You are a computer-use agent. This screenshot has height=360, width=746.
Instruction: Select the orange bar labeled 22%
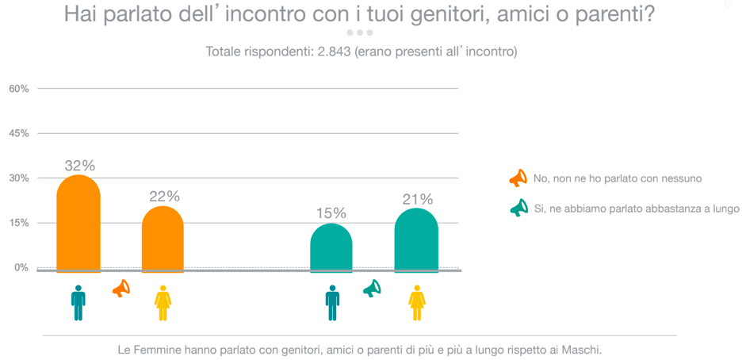163,239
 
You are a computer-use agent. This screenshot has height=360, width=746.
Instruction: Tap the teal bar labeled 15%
331,247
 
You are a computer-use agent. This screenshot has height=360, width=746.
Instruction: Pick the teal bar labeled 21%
416,239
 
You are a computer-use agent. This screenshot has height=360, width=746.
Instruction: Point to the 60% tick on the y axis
19,89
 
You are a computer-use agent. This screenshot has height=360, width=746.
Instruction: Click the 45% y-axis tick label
19,133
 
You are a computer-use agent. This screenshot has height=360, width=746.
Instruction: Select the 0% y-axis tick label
21,267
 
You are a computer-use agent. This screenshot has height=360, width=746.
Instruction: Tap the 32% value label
79,166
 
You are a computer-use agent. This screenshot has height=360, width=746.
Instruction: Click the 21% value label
417,199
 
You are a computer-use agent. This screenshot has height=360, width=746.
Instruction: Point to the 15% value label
331,213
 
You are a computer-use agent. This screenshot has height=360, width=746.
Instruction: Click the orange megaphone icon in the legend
518,178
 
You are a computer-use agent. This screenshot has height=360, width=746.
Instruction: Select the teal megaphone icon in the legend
518,209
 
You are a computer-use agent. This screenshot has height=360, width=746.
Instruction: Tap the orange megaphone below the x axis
121,289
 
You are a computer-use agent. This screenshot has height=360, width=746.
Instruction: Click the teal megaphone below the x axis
372,289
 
